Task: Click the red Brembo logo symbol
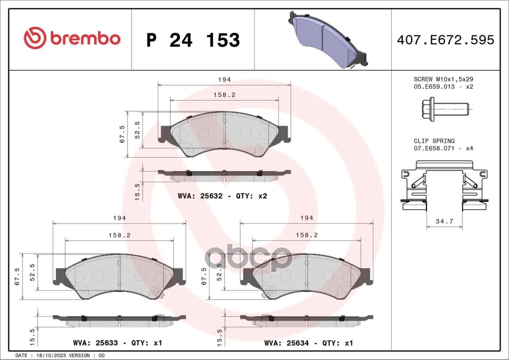coord(35,38)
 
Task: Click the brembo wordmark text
coord(85,39)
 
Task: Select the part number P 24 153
coord(193,40)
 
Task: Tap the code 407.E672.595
coord(446,40)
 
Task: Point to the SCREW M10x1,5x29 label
coord(443,79)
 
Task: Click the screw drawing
coord(445,109)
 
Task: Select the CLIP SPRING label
coord(434,141)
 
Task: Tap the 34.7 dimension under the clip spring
coord(444,221)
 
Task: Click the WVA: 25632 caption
coord(200,196)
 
